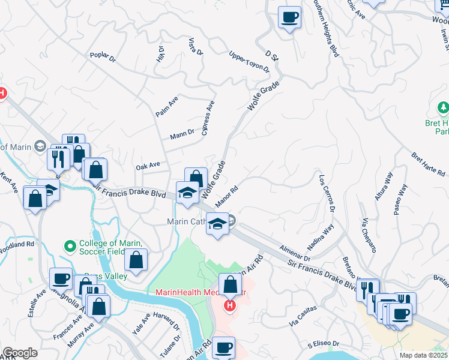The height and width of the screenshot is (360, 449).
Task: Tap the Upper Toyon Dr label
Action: point(249,62)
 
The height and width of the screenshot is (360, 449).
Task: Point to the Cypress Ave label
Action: point(209,118)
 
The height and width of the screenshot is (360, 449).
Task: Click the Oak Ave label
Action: point(148,165)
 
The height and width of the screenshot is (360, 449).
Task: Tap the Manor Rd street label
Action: point(227,196)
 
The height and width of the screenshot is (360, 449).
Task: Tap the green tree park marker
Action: point(443,109)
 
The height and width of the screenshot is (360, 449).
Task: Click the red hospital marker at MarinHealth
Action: point(229,307)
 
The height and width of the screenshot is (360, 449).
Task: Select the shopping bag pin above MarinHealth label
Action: point(229,283)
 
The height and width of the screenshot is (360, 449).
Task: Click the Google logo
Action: point(20,353)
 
